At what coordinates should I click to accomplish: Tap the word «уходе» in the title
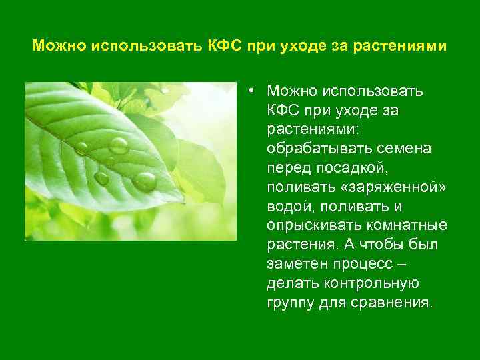297,47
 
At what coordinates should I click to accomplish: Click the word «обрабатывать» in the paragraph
310,148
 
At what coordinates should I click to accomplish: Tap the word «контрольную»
377,283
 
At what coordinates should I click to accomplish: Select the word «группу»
289,303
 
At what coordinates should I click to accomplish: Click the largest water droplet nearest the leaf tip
145,181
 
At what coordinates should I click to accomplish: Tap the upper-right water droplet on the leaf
119,145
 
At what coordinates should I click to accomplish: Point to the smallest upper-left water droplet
81,148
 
